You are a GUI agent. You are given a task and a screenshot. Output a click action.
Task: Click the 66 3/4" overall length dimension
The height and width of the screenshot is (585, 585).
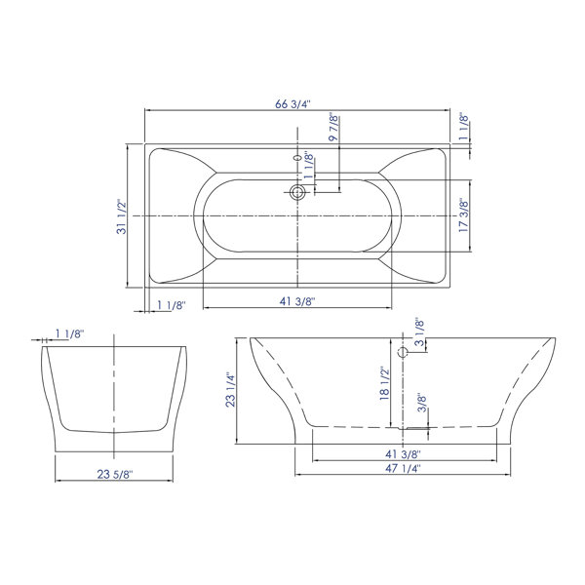click(292, 104)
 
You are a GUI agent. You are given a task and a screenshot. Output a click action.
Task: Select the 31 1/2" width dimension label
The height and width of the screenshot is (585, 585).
click(122, 216)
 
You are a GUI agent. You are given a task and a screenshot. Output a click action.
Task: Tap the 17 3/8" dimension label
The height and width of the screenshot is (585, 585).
click(463, 215)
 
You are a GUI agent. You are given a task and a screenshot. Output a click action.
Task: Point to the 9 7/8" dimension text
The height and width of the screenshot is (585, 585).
click(333, 127)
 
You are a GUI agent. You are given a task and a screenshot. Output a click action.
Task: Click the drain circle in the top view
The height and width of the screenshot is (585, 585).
click(297, 192)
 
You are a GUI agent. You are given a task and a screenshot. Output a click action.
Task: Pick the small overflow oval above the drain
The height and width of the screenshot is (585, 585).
click(297, 158)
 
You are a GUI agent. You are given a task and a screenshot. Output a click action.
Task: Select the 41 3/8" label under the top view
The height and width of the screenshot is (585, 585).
click(297, 301)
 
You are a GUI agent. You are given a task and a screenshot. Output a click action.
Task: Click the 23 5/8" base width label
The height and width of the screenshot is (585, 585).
click(115, 474)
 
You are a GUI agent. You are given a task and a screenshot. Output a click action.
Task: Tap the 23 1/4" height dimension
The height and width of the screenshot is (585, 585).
click(230, 389)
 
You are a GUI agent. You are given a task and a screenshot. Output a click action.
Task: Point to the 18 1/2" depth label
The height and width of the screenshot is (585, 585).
click(384, 383)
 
